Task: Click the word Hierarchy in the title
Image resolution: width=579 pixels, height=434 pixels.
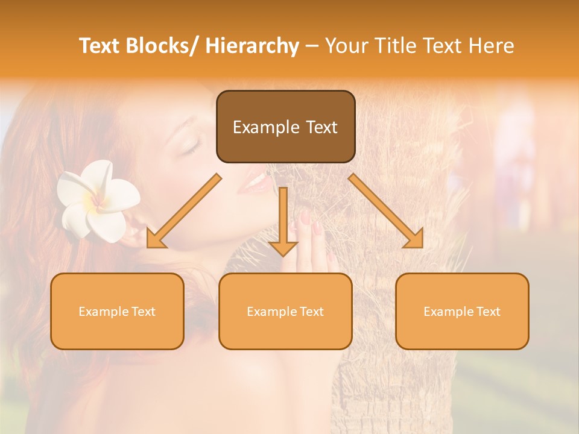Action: pos(252,46)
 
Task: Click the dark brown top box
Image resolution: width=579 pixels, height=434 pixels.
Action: pos(285,127)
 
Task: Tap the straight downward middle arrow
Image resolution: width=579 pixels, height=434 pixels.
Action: pos(283,223)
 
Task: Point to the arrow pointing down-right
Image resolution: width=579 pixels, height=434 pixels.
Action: pos(386,211)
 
